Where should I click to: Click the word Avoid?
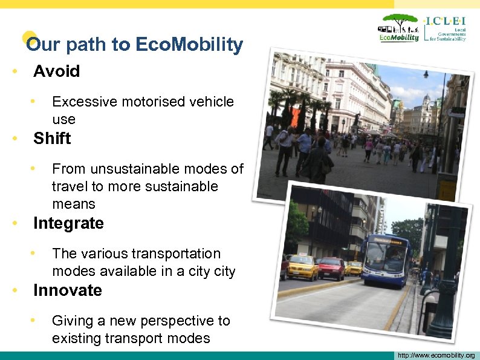(56, 71)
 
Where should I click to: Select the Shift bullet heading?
(52, 139)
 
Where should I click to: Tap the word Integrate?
(68, 223)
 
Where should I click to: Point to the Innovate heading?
(68, 290)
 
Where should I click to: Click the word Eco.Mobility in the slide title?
(190, 45)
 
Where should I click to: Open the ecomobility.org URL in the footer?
(434, 355)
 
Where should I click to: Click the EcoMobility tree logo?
(399, 28)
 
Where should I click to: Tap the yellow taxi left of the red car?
(302, 267)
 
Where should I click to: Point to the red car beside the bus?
(331, 268)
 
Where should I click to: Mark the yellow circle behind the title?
(29, 38)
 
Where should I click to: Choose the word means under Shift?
(74, 204)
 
